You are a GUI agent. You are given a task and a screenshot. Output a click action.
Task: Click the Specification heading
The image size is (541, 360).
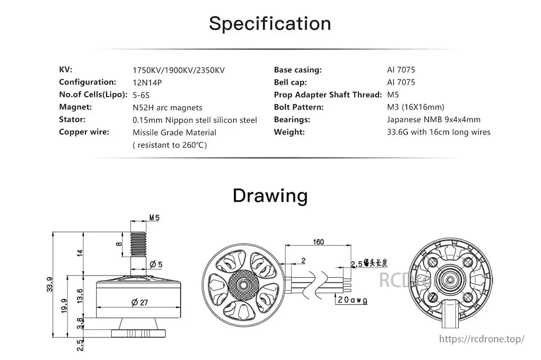270,23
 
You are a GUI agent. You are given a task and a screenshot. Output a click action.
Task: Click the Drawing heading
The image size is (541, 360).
270,196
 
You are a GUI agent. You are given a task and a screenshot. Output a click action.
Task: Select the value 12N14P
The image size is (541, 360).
147,83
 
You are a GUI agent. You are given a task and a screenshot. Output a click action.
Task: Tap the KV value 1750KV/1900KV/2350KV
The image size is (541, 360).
179,70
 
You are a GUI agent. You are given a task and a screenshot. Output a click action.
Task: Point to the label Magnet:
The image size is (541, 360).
75,107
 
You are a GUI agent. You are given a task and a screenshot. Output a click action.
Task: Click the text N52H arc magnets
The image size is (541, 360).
167,107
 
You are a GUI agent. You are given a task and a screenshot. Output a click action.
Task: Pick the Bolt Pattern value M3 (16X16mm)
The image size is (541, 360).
416,107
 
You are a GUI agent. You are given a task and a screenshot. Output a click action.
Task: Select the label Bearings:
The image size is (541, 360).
292,120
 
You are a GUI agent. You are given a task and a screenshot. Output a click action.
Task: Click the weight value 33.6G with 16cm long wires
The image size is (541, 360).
439,132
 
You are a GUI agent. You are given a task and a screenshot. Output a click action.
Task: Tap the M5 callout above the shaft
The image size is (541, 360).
154,218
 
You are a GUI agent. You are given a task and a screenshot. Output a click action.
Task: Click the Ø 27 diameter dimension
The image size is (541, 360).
140,302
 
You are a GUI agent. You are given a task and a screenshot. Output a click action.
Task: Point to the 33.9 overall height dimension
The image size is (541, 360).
49,284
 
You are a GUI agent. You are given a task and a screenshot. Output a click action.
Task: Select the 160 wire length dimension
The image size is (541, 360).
318,242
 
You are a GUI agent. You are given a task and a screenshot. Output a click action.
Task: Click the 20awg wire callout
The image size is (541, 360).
353,300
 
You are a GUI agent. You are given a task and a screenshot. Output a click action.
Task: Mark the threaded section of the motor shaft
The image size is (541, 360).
138,244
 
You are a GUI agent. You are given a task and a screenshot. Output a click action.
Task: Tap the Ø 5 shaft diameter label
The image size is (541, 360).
156,264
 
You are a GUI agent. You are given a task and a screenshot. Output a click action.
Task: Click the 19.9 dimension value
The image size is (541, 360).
64,306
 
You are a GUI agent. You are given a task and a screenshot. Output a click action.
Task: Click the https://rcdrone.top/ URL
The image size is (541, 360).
482,339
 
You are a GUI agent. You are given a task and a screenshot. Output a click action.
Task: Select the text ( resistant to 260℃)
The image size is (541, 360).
170,145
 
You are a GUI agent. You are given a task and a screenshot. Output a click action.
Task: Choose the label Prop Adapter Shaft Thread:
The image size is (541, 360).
328,95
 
